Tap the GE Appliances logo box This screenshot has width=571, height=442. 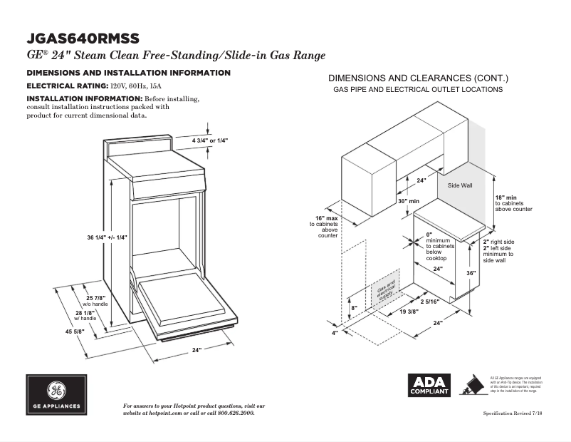[x=57, y=395]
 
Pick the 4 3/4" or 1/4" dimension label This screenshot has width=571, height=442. [x=209, y=141]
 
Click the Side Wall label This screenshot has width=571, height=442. [x=459, y=185]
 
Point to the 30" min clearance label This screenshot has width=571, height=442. [x=408, y=202]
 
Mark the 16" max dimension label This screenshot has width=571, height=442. [x=327, y=218]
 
